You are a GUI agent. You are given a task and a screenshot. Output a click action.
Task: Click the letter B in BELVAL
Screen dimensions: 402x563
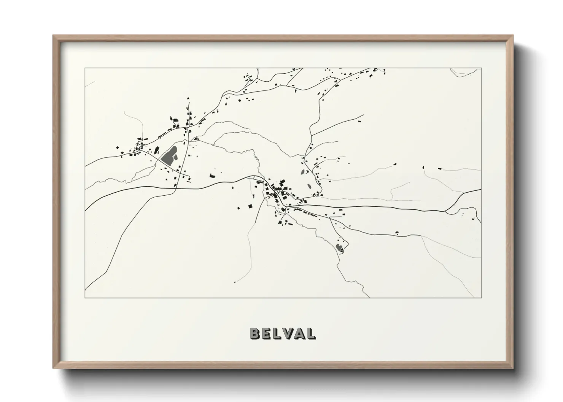255,333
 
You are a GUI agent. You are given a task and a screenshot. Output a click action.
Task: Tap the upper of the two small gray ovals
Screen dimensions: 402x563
303,172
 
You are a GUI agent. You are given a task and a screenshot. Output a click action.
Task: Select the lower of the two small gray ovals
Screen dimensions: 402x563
309,187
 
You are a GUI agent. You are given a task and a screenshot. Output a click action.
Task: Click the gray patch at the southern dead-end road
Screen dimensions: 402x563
339,249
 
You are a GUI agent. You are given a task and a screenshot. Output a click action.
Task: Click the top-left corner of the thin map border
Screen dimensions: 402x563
85,68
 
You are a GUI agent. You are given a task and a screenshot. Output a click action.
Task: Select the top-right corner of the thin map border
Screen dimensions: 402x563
481,68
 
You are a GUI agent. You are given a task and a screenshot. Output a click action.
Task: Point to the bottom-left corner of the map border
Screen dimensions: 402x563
85,297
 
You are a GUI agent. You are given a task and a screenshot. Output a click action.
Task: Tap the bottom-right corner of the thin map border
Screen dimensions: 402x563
481,297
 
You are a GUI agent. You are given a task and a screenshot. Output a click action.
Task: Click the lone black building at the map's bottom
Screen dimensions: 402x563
235,282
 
